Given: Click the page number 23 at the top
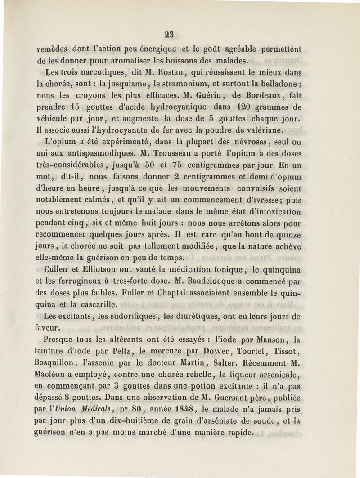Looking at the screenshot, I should click(x=169, y=34).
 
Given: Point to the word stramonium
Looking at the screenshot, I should click(x=198, y=84).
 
